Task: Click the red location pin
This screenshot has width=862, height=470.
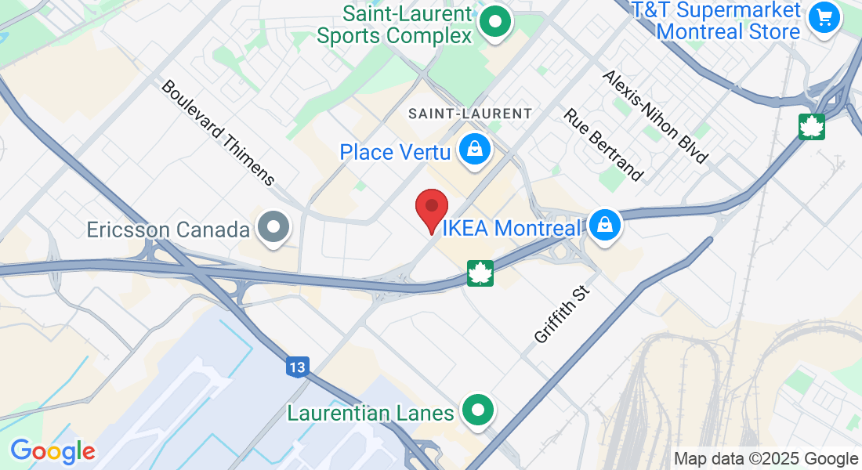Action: coord(431,208)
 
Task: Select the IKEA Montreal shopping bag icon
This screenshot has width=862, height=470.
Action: coord(605,226)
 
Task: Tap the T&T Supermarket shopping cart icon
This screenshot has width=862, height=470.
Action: coord(824,16)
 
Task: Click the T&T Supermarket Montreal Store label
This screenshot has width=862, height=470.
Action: coord(729,21)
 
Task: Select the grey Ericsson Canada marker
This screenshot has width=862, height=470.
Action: coord(274,227)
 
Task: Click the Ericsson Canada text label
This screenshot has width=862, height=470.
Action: coord(168,230)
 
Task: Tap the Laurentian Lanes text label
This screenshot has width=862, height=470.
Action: coord(371,413)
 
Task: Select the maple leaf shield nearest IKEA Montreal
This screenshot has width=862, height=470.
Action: coord(480,273)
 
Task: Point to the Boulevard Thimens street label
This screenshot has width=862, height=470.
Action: coord(218,132)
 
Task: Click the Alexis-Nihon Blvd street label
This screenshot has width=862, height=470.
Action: coord(655,117)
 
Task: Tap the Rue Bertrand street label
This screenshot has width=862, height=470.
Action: coord(603,143)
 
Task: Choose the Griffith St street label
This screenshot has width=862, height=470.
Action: coord(561,314)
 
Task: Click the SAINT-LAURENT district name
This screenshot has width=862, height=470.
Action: coord(470,114)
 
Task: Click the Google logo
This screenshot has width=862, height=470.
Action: coord(53,451)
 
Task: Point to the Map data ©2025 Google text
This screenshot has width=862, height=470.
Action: coord(766,459)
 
